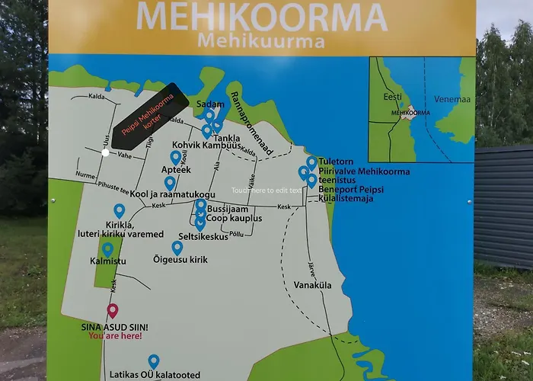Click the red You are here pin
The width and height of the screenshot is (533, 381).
(x=113, y=310)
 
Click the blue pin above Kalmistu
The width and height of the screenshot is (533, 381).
(x=107, y=248)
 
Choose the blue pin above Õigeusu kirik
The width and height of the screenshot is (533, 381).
(x=177, y=247)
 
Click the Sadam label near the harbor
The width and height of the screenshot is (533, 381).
(x=209, y=104)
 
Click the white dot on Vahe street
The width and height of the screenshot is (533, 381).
(x=105, y=152)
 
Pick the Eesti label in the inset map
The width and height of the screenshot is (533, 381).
(x=392, y=98)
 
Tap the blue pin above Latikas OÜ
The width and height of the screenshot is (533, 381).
(x=153, y=360)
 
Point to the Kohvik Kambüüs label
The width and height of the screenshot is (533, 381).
(x=206, y=144)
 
